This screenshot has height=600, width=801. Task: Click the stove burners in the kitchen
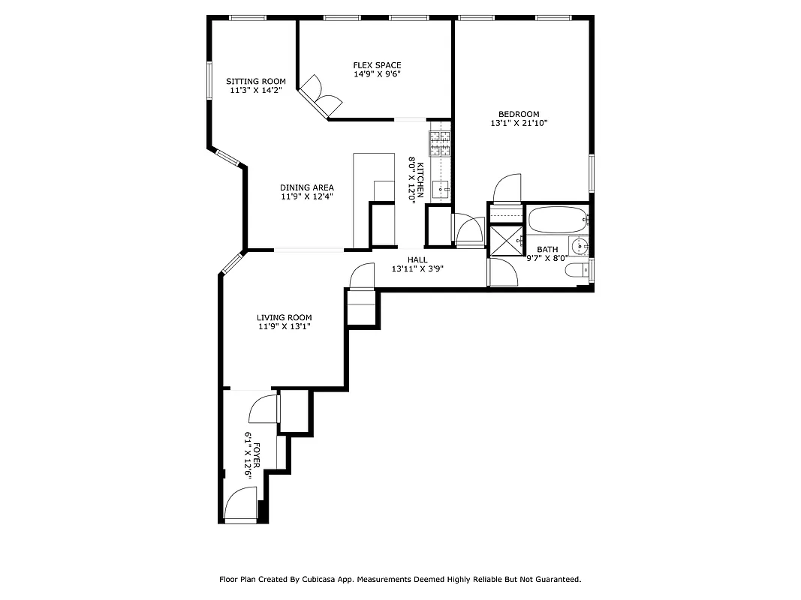tap(440, 142)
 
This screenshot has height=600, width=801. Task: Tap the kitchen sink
tap(441, 187)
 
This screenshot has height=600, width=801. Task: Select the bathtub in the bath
tap(557, 221)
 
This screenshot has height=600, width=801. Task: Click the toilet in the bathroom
tap(577, 271)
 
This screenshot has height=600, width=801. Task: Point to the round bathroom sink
tap(580, 245)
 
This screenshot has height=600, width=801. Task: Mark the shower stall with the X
tap(505, 239)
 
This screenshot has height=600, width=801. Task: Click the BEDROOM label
tap(519, 114)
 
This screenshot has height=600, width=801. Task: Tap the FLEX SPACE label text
tap(377, 65)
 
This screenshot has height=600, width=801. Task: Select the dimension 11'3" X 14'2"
tap(256, 91)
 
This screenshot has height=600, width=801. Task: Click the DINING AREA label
tap(307, 187)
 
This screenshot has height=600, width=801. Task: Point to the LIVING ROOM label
tap(285, 317)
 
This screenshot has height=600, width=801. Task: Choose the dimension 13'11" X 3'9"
tap(417, 269)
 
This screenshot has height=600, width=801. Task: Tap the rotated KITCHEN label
tap(421, 180)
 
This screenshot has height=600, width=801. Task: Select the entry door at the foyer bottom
tap(242, 504)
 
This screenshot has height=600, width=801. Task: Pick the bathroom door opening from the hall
tap(502, 271)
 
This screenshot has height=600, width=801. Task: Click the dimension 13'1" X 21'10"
tap(519, 123)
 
